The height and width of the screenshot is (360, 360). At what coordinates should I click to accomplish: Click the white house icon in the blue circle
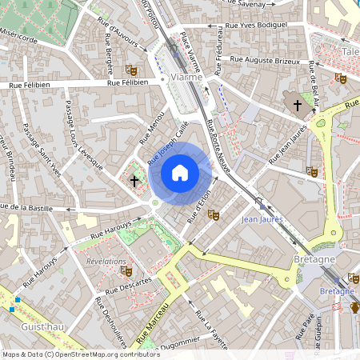(179, 172)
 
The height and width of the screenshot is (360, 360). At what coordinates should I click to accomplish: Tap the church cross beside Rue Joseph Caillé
(134, 182)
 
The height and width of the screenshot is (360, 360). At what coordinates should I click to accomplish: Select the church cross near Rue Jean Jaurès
(297, 105)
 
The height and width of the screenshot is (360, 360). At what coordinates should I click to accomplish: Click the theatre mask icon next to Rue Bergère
(131, 70)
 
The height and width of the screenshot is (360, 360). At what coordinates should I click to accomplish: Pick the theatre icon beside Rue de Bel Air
(340, 78)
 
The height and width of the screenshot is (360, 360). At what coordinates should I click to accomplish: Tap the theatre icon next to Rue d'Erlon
(213, 214)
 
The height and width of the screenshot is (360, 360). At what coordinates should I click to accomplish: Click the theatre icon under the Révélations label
(126, 270)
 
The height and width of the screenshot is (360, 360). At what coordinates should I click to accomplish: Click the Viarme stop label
(186, 78)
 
